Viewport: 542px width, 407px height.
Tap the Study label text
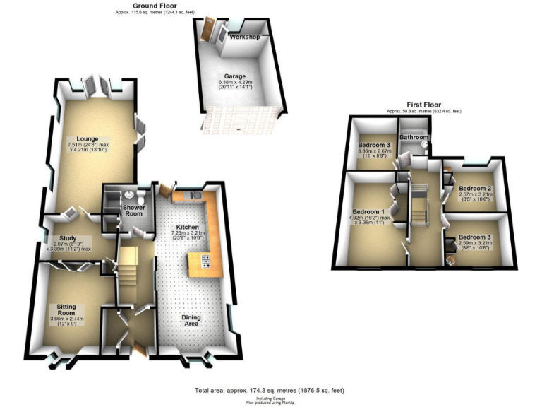coord(68,237)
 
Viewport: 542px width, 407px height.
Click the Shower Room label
coord(134,207)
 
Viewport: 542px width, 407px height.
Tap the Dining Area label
coord(191,321)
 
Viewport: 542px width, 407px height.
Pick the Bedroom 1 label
coord(368,211)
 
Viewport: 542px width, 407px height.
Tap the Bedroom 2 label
coord(474,189)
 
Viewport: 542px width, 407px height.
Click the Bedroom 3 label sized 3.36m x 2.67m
coord(374,145)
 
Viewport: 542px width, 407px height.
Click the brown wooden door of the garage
coord(209,30)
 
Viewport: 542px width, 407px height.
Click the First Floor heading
coord(423,105)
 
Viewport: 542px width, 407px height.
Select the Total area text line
coord(269,390)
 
